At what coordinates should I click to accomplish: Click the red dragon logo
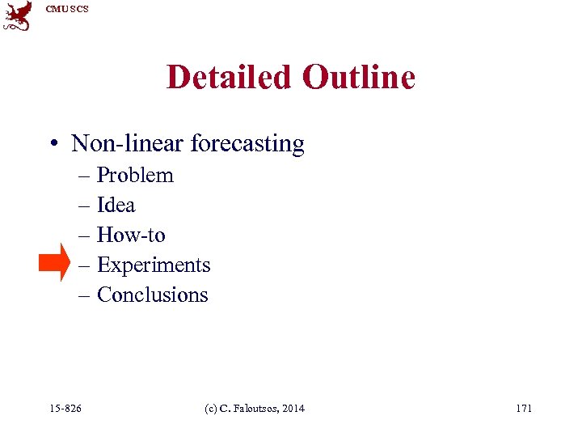point(18,16)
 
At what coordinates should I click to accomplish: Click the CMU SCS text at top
point(67,9)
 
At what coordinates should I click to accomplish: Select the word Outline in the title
point(358,78)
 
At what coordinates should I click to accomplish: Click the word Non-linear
point(127,144)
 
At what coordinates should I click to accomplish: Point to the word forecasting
point(247,145)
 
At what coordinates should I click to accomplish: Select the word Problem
point(135,176)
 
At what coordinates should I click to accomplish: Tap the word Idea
point(116,206)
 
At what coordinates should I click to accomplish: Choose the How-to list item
point(131,235)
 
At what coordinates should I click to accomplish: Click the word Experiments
point(154,265)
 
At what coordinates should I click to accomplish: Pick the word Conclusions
point(153,295)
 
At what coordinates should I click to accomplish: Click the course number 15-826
point(65,409)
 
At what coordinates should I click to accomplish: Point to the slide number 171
point(524,409)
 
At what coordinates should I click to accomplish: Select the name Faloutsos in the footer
point(257,409)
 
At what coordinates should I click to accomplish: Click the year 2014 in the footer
point(294,409)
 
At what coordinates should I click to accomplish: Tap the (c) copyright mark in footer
point(211,409)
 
